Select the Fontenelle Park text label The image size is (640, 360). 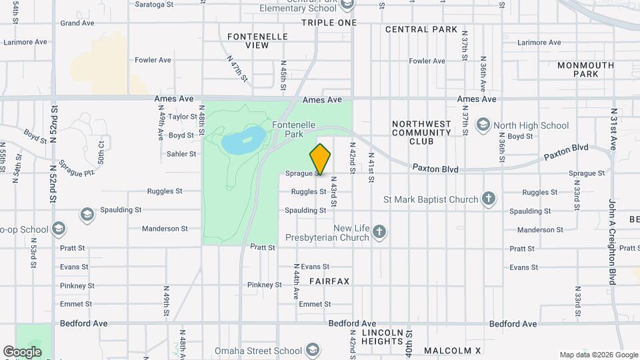tap(288, 129)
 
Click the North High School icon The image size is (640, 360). tap(483, 125)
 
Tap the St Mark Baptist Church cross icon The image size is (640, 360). tap(489, 199)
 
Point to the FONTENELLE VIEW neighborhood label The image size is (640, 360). tap(248, 41)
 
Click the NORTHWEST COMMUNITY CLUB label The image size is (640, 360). tap(421, 133)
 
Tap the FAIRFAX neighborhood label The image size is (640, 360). tap(329, 281)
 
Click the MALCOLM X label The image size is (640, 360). tap(453, 351)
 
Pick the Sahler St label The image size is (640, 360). tap(182, 153)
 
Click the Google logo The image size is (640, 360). tap(22, 351)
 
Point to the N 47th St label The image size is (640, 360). tap(237, 68)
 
